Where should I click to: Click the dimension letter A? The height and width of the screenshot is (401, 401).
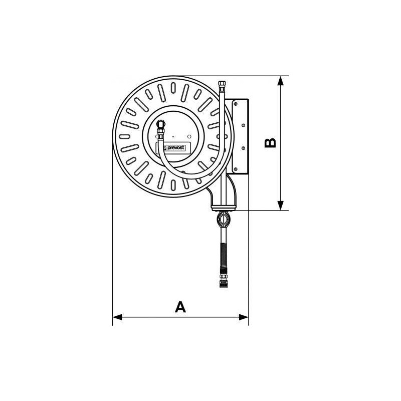point(180,306)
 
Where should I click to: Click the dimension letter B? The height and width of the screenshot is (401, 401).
point(270,143)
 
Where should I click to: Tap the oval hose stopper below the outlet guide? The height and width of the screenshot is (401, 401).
point(223,219)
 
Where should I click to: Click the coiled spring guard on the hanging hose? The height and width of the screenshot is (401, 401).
point(223,253)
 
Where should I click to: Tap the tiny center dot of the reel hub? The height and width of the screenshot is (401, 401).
point(173,136)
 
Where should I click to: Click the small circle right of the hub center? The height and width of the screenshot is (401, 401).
point(189,136)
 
